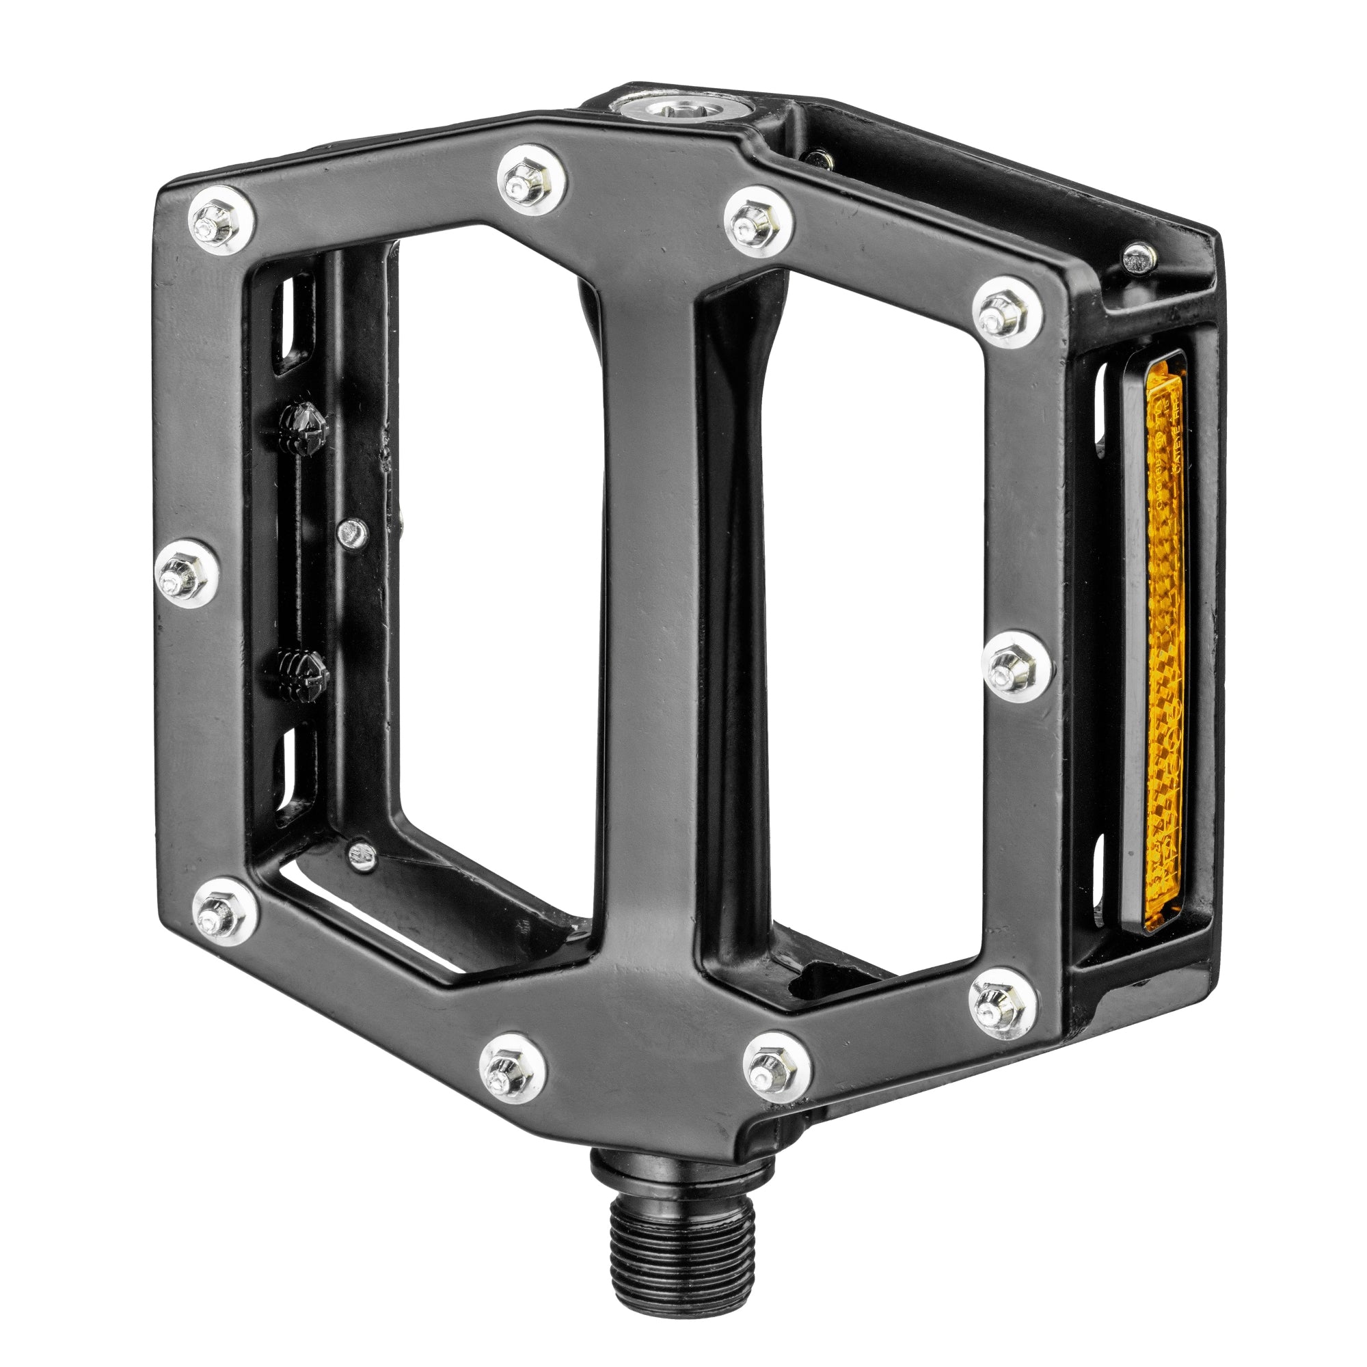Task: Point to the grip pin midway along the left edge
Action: point(186,573)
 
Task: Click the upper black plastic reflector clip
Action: point(303,429)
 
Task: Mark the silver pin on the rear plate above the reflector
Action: point(1137,258)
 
